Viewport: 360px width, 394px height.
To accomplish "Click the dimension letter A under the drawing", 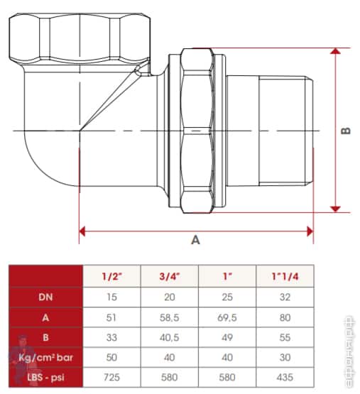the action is click(x=195, y=240).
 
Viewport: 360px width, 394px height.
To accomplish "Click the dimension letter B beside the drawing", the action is click(x=346, y=131).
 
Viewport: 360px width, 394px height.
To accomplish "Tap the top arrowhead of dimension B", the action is click(x=336, y=51).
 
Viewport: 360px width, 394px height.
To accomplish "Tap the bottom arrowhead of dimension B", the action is click(x=336, y=209).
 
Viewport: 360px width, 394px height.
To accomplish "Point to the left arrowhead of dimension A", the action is click(x=82, y=231).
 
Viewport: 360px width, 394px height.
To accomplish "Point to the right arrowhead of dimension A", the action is click(x=310, y=231).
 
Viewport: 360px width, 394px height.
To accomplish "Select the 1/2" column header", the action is click(x=111, y=276).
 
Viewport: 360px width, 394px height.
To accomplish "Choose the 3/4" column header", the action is click(x=170, y=276).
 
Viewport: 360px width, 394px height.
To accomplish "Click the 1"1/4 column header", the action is click(x=285, y=276).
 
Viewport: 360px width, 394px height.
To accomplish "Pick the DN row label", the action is click(x=45, y=297).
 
